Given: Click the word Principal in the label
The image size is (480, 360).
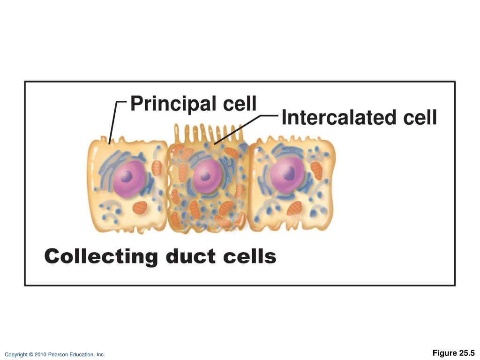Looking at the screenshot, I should point(170,104).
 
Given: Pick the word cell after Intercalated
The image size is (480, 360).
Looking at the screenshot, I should point(418,118).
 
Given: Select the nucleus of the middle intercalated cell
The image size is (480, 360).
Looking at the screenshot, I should point(205,177).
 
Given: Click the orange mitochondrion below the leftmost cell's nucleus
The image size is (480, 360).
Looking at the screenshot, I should point(140,207).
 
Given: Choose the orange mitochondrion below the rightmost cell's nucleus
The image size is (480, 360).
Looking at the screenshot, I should point(294,208).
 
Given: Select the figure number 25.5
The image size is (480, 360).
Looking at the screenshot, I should point(466,353).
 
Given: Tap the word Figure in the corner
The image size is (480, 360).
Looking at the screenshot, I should point(444,353).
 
